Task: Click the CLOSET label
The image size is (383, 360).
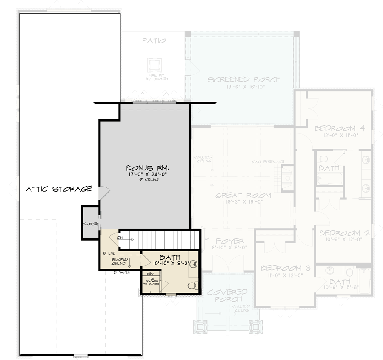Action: [91, 224]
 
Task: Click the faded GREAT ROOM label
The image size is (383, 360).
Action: [243, 196]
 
